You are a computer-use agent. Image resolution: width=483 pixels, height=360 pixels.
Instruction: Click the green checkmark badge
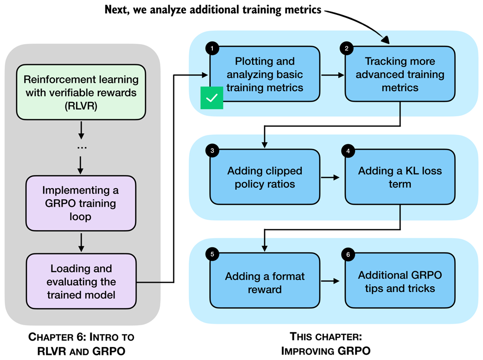(x=212, y=98)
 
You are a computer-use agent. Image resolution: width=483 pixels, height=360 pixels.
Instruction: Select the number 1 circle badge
(x=212, y=47)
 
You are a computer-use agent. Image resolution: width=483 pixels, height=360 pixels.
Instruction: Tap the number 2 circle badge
(x=346, y=47)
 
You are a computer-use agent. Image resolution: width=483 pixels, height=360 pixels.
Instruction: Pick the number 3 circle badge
(x=212, y=151)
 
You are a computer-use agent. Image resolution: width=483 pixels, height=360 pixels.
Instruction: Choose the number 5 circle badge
(x=212, y=254)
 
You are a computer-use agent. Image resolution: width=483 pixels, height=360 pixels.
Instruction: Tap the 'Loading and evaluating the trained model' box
(x=81, y=281)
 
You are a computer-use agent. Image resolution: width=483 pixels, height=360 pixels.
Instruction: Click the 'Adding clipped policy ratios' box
(x=265, y=177)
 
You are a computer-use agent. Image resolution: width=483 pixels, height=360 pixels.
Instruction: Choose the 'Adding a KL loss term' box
(x=400, y=177)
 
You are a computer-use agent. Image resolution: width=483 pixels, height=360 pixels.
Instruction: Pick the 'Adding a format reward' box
(x=265, y=282)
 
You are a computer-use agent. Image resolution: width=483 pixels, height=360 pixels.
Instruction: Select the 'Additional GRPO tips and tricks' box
(x=400, y=281)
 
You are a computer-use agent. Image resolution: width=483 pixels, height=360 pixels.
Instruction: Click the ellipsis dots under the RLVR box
(x=82, y=147)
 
